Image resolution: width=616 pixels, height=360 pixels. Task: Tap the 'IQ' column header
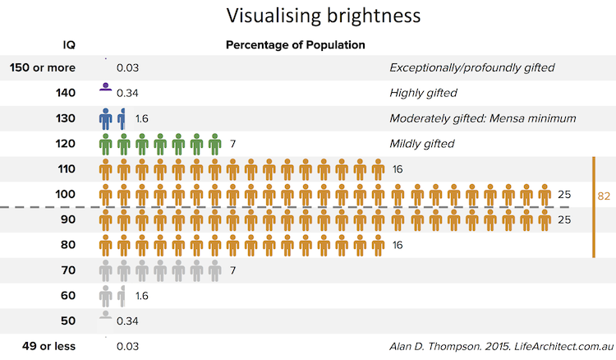pos(69,44)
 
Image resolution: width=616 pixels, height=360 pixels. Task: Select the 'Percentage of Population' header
pos(296,44)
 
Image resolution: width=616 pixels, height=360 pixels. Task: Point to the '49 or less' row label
pos(47,347)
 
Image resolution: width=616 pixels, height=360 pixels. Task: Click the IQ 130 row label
pos(66,118)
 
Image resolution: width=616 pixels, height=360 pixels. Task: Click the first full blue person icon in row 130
pos(105,118)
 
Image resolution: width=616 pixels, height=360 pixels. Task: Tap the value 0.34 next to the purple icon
pos(127,93)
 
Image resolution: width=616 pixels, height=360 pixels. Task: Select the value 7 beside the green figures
pos(233,144)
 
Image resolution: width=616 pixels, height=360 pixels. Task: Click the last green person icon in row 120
pos(214,145)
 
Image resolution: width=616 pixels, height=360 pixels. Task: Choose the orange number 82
pos(604,196)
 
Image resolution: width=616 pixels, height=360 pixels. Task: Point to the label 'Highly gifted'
pos(423,93)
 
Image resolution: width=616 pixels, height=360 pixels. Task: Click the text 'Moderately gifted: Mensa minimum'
pos(482,118)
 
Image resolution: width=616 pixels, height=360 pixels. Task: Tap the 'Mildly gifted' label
pos(421,144)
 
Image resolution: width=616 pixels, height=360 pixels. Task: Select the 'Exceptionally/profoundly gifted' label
pos(472,67)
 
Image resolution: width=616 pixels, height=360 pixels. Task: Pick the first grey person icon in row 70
pos(105,270)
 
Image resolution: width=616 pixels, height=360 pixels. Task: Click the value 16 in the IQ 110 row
pos(398,169)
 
